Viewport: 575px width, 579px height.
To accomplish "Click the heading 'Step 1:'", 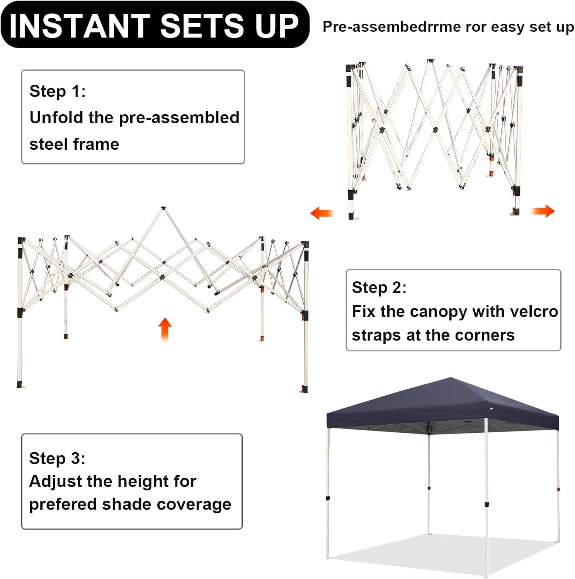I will pos(58,91).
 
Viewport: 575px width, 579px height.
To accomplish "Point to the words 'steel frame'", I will pos(74,144).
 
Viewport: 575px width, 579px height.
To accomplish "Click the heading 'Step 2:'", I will pos(379,288).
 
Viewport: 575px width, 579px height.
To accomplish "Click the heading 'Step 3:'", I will pos(57,459).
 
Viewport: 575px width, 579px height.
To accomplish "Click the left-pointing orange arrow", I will pos(322,213).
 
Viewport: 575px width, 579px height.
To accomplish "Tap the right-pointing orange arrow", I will pos(543,211).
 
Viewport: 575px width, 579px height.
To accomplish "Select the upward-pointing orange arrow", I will pos(165,329).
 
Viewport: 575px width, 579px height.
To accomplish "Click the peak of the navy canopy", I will pos(451,379).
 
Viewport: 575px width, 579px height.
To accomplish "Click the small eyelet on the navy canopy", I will pos(491,408).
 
